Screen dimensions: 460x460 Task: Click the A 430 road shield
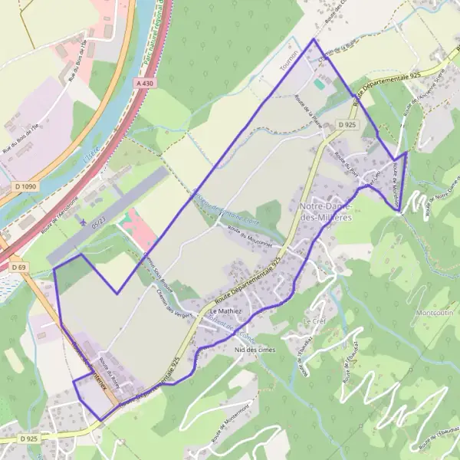click(x=146, y=82)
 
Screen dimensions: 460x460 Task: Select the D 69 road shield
click(x=19, y=266)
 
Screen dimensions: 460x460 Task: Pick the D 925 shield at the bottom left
click(x=28, y=439)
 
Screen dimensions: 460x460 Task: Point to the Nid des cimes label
click(x=255, y=350)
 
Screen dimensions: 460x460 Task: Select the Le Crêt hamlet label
click(x=314, y=320)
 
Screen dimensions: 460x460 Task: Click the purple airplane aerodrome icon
click(x=82, y=222)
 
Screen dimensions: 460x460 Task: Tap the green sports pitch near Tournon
click(x=318, y=84)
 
